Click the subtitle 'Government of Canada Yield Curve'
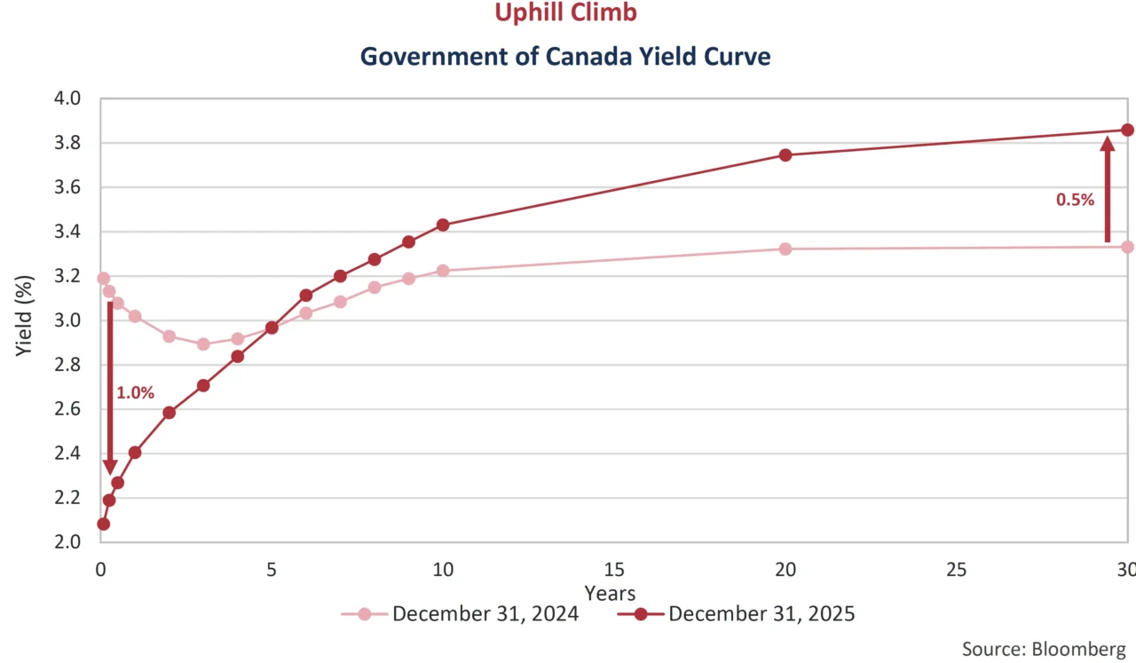pos(565,57)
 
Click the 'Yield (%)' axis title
pos(26,320)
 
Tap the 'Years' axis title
pos(610,592)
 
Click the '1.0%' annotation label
pos(136,392)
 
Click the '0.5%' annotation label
pos(1075,200)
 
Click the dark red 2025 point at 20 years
pos(785,154)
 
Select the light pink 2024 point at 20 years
pos(785,249)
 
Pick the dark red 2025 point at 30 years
pos(1127,130)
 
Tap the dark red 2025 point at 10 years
pos(443,225)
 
